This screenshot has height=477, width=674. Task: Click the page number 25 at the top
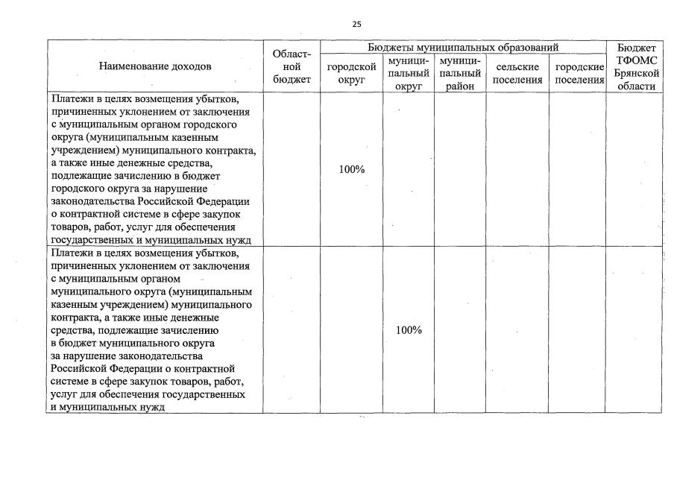pos(356,25)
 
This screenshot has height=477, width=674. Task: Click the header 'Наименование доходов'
pos(155,66)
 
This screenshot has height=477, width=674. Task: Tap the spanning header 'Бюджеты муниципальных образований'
pos(463,47)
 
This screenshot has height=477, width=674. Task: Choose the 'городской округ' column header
pos(351,73)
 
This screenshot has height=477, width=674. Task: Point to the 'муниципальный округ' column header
pos(409,73)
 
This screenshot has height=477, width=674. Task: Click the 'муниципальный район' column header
pos(460,73)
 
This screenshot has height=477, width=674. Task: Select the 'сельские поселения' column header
pos(517,73)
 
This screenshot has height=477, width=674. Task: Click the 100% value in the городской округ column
pos(351,169)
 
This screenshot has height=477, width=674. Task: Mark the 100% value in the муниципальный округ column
pos(409,330)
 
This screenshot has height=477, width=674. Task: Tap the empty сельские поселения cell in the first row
pos(517,169)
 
